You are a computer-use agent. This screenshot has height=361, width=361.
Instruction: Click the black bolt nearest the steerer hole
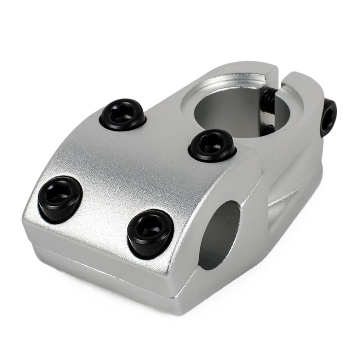[212, 145]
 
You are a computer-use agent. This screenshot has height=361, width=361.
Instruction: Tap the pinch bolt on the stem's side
[328, 117]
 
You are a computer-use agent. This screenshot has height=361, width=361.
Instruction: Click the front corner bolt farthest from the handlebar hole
[60, 199]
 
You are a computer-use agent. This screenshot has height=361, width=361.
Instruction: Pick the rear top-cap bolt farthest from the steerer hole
[123, 114]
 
